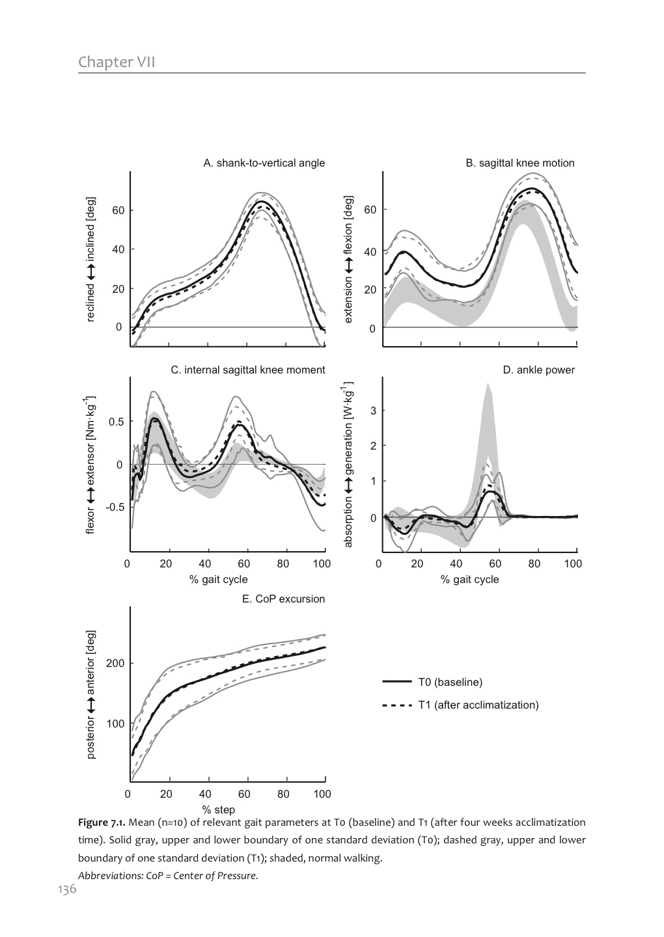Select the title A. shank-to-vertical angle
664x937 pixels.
(x=264, y=163)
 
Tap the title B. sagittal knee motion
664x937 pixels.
(x=519, y=163)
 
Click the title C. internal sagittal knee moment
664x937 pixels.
(x=247, y=370)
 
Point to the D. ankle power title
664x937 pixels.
(x=538, y=370)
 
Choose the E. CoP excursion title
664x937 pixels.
(x=283, y=599)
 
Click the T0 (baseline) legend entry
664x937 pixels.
(x=450, y=682)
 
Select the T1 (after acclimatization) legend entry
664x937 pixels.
(x=478, y=705)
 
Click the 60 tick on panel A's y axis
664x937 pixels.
(x=118, y=210)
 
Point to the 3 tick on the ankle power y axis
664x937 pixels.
(x=374, y=411)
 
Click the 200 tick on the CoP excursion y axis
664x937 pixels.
(x=115, y=663)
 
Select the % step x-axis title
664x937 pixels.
(x=218, y=809)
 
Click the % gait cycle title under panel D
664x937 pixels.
(x=469, y=579)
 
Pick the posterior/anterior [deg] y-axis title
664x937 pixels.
(x=91, y=694)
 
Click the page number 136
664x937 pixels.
(x=68, y=889)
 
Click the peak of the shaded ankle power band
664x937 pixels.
(x=488, y=385)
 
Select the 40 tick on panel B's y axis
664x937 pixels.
(x=370, y=252)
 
